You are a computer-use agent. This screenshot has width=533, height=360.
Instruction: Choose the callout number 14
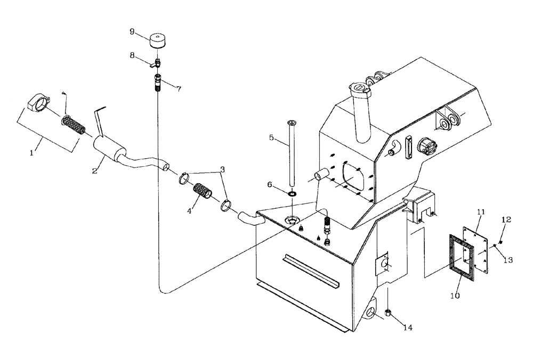click(x=409, y=328)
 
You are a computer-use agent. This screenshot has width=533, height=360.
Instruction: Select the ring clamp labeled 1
click(x=39, y=103)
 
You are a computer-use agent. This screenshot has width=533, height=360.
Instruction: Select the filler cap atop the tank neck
click(x=359, y=86)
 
